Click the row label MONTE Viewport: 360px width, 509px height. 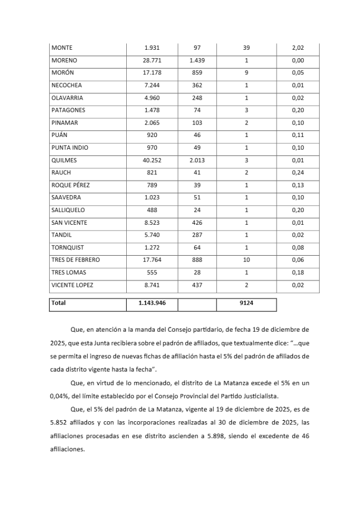point(62,48)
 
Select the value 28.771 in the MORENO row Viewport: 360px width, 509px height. point(152,61)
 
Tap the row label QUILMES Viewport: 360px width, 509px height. point(64,160)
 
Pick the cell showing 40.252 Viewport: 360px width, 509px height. point(152,160)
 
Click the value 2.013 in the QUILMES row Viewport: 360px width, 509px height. point(197,160)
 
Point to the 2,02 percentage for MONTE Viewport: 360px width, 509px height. point(298,48)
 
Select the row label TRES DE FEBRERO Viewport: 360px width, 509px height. point(75,260)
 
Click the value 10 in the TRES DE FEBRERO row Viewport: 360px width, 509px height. point(247,260)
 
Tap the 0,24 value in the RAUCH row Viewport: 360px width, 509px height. point(298,172)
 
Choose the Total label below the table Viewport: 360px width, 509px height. point(58,303)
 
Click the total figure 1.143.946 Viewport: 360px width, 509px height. point(152,303)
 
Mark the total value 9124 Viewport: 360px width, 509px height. point(247,303)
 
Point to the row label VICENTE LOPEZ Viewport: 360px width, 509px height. point(72,285)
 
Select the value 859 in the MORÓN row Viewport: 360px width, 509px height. point(197,73)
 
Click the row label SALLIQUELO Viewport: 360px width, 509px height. point(68,210)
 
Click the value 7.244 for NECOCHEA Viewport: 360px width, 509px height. point(152,85)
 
